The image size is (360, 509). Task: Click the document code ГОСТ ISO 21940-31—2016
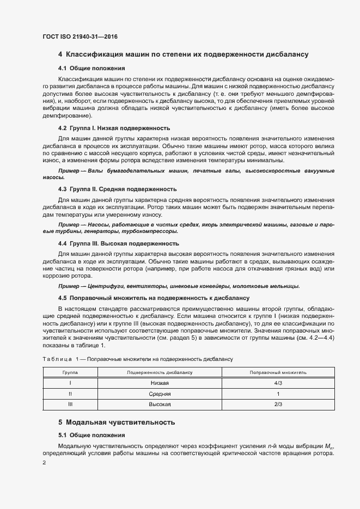(x=80, y=36)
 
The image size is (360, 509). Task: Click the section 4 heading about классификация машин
(x=184, y=54)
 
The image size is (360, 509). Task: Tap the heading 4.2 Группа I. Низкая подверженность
(x=114, y=128)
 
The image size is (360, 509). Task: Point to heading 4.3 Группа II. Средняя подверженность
(x=117, y=189)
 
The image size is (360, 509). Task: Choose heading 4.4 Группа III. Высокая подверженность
(x=118, y=243)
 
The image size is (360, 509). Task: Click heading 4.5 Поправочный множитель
(x=154, y=298)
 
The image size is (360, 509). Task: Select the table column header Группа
(x=70, y=372)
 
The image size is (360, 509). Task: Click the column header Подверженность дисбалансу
(x=160, y=372)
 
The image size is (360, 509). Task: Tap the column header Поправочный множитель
(x=278, y=372)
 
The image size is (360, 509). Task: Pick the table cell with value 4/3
(x=278, y=383)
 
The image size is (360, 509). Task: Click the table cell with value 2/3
(x=278, y=404)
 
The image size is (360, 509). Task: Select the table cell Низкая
(x=160, y=383)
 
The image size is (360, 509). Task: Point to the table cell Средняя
(x=160, y=394)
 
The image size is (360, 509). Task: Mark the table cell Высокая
(x=160, y=404)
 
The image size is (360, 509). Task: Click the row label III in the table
(x=70, y=404)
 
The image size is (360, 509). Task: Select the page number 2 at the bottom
(x=45, y=463)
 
